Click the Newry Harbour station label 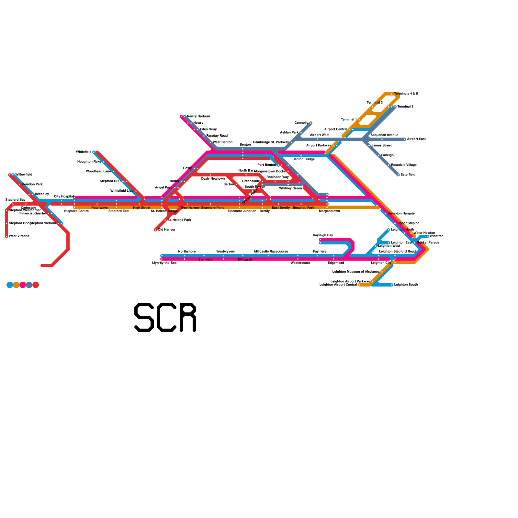(x=198, y=117)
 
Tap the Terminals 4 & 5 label (x=406, y=94)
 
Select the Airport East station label (x=416, y=139)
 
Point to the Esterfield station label (x=408, y=175)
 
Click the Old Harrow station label (x=166, y=230)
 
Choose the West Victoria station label (x=19, y=236)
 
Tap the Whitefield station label (x=84, y=152)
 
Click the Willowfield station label (x=24, y=175)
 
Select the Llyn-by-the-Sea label (x=164, y=263)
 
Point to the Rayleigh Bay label (x=323, y=235)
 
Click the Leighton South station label (x=406, y=285)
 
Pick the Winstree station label (x=436, y=236)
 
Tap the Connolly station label (x=301, y=123)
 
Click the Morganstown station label (x=329, y=211)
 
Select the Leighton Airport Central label (x=338, y=285)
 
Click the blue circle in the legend (x=10, y=285)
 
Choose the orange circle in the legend (x=16, y=285)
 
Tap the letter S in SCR (x=144, y=317)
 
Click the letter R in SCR (x=188, y=317)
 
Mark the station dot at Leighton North (x=388, y=230)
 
